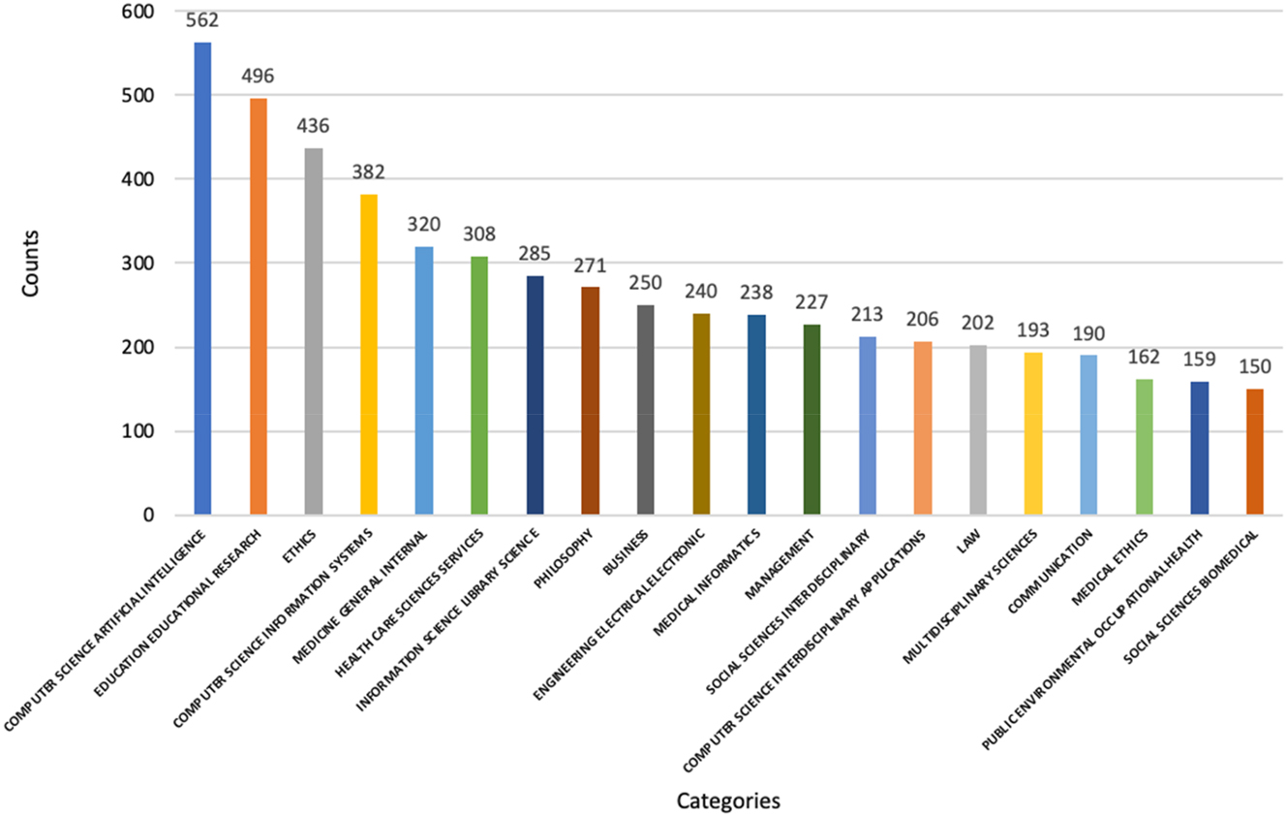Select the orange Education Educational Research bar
tap(258, 305)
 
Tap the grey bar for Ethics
tap(313, 330)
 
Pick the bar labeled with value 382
tap(369, 354)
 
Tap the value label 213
tap(867, 314)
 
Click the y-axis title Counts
tap(30, 263)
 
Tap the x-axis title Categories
tap(728, 800)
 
